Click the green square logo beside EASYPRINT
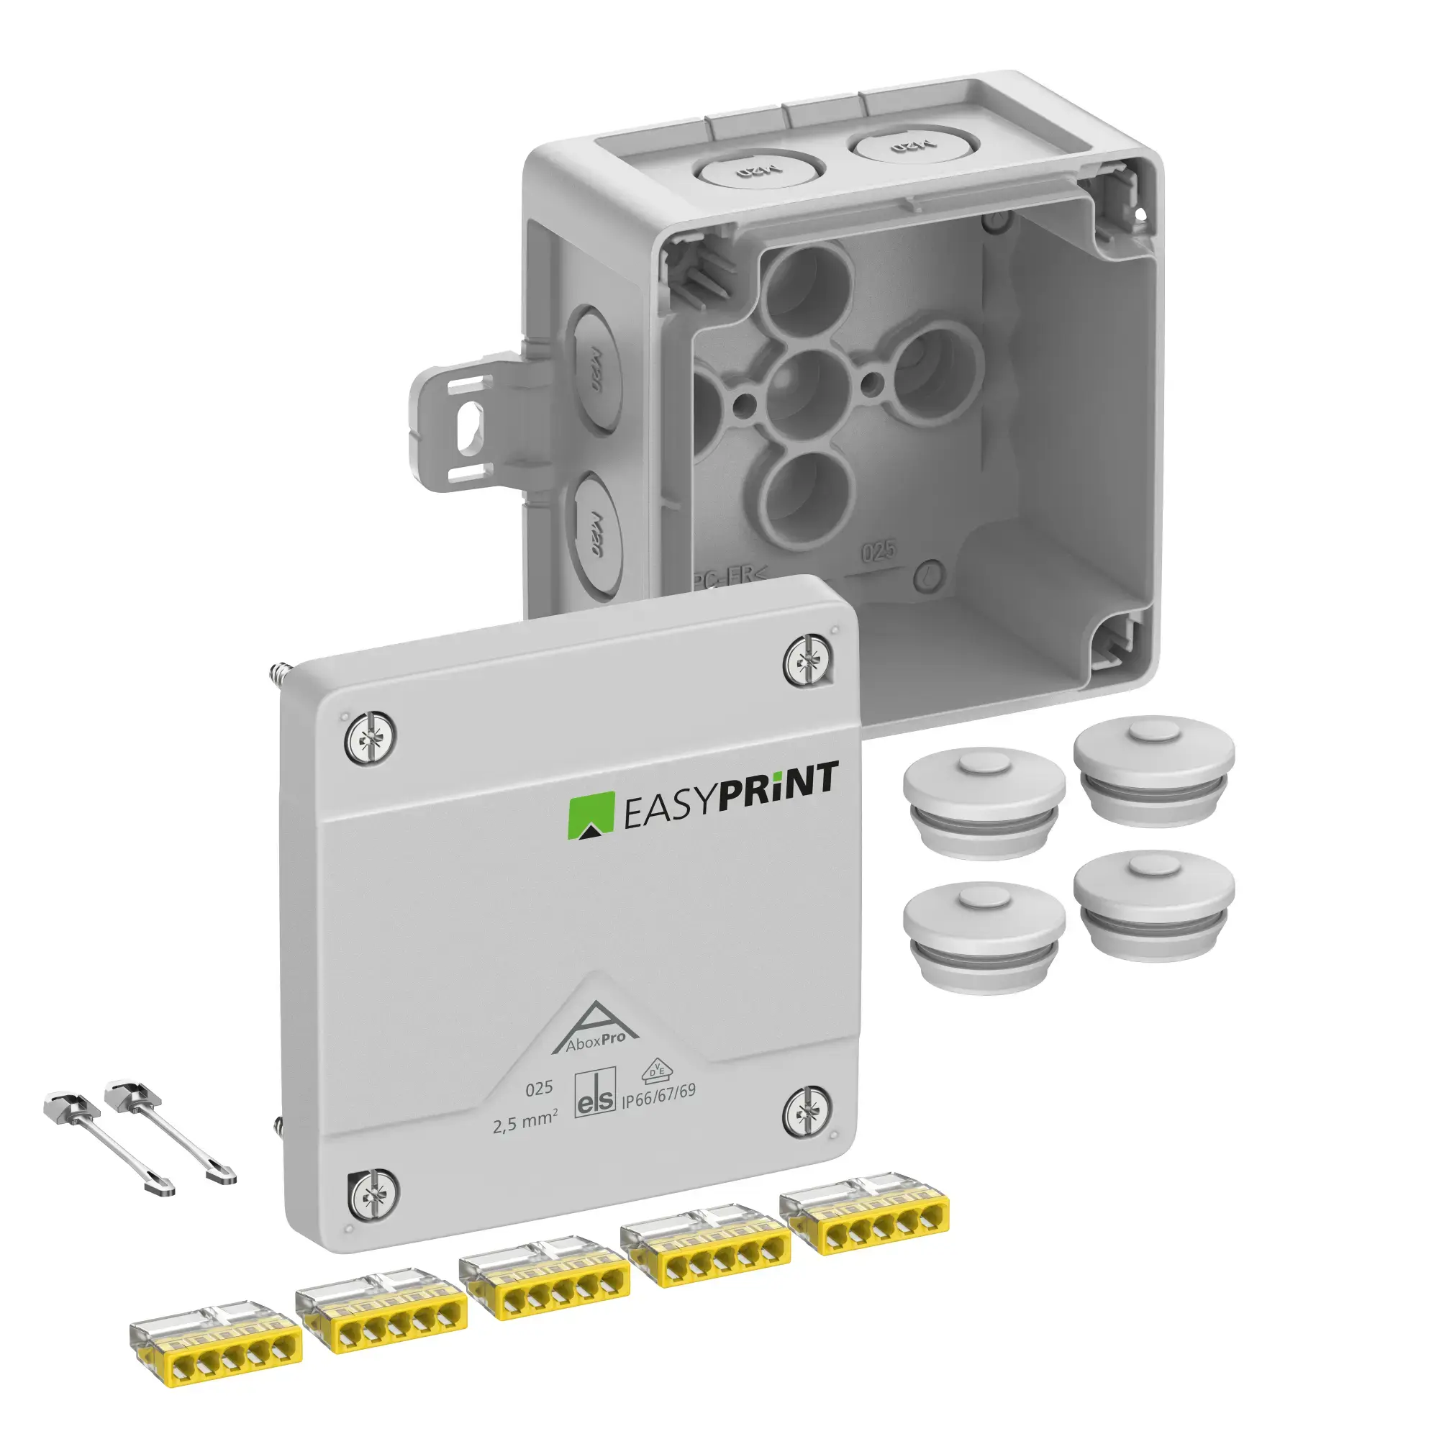(x=591, y=818)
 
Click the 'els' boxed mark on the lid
(x=595, y=1094)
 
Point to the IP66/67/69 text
(x=658, y=1094)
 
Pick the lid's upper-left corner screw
(x=369, y=737)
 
